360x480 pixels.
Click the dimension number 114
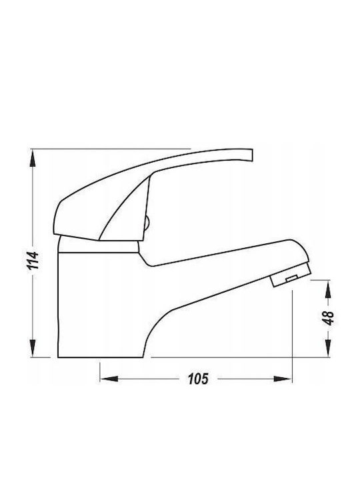pos(33,260)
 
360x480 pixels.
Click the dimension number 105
pos(198,379)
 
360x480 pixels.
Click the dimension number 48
pos(328,318)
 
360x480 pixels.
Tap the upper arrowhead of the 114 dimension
pos(33,158)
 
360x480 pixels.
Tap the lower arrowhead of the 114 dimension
pos(33,349)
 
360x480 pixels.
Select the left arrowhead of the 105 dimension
pos(109,379)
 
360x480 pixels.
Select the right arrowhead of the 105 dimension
pos(283,379)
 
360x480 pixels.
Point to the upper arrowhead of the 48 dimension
pos(328,289)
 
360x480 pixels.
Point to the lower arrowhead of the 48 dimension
pos(328,349)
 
